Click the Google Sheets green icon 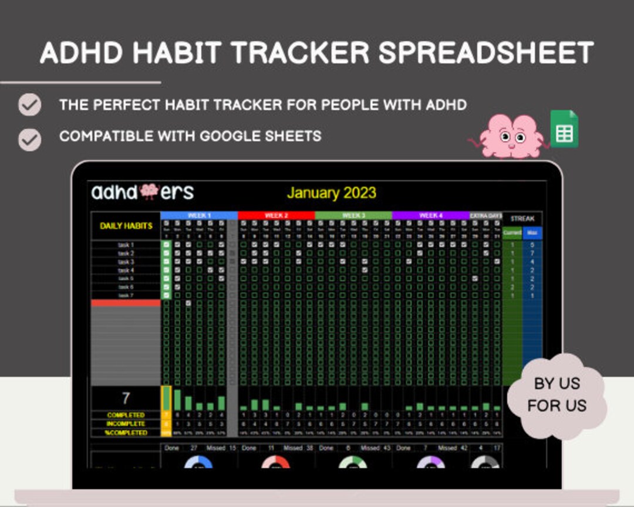pos(564,129)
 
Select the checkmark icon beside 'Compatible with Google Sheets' pos(29,140)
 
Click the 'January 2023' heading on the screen pos(331,193)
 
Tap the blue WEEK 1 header pos(199,215)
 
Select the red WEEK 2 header pos(276,215)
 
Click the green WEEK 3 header pos(353,215)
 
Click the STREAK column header pos(522,218)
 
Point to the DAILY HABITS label pos(126,226)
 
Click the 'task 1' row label pos(126,245)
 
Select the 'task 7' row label pos(126,295)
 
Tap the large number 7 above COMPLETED pos(126,398)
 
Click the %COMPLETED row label pos(126,432)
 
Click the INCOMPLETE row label pos(126,424)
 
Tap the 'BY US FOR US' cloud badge pos(557,394)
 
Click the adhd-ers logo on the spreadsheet pos(142,192)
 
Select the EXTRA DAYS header pos(485,215)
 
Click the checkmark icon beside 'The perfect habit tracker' pos(29,106)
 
